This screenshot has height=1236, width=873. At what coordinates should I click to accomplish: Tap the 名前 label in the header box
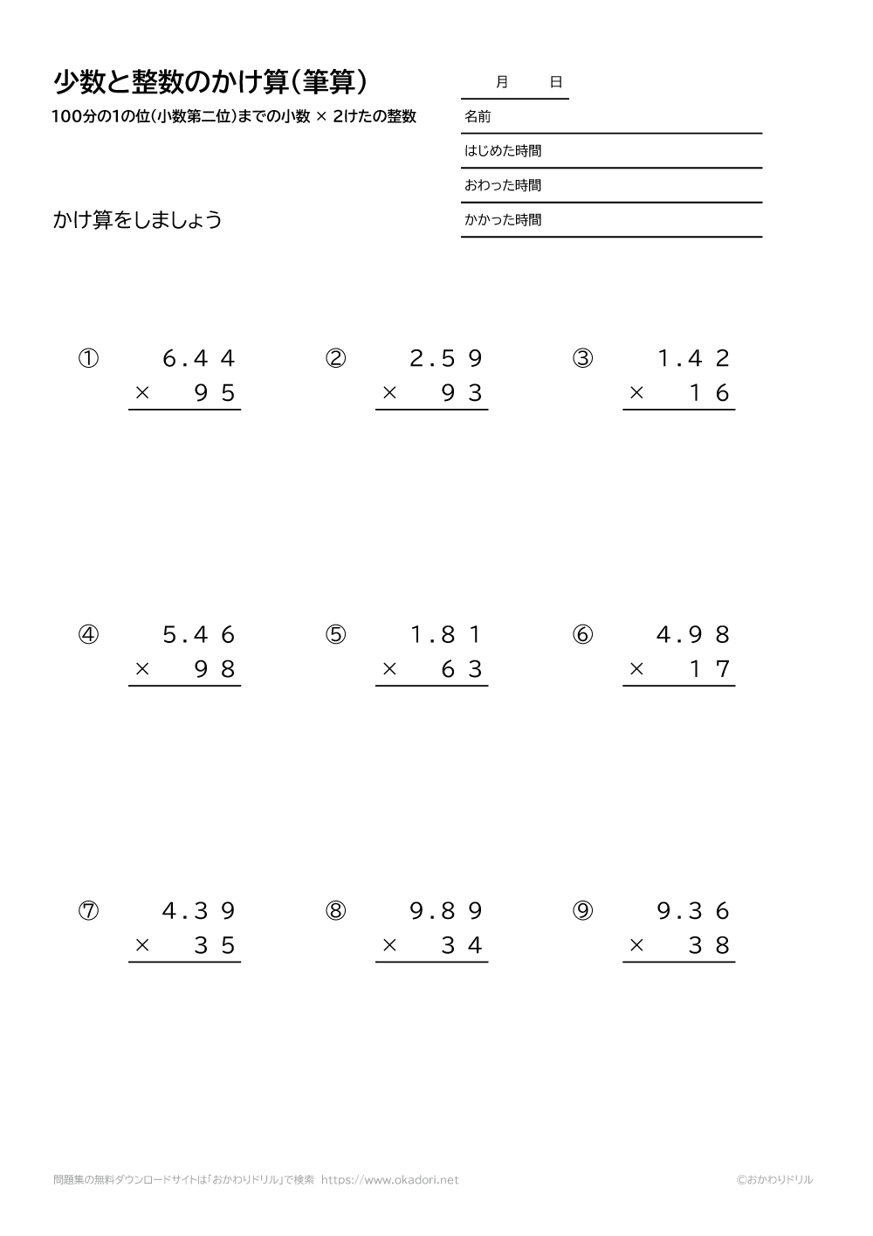pos(478,116)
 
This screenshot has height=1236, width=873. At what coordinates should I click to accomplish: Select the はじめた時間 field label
pos(503,151)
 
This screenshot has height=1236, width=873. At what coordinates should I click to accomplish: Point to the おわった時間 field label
pos(503,185)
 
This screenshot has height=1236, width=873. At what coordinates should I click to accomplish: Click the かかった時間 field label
pos(503,220)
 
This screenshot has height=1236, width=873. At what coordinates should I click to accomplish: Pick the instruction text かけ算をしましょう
pos(137,219)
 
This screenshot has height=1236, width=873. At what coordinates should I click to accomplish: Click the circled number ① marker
pos(88,359)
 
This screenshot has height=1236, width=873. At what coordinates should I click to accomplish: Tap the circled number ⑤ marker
pos(335,635)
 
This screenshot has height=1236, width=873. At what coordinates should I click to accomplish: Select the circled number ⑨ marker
pos(582,911)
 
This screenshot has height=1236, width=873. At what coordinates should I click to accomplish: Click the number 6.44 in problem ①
pos(199,359)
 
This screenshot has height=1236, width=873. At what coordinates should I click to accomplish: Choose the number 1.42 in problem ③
pos(693,359)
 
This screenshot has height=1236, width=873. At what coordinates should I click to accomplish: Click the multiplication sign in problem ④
pos(142,670)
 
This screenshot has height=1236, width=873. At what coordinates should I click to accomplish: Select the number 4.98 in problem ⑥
pos(693,635)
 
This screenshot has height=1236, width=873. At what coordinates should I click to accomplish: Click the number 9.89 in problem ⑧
pos(446,911)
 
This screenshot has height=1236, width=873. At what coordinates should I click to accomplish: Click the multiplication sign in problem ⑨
pos(636,946)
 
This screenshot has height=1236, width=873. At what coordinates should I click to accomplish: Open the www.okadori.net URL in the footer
pos(389,1180)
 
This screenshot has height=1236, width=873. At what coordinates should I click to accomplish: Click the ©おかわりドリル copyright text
pos(773,1180)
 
